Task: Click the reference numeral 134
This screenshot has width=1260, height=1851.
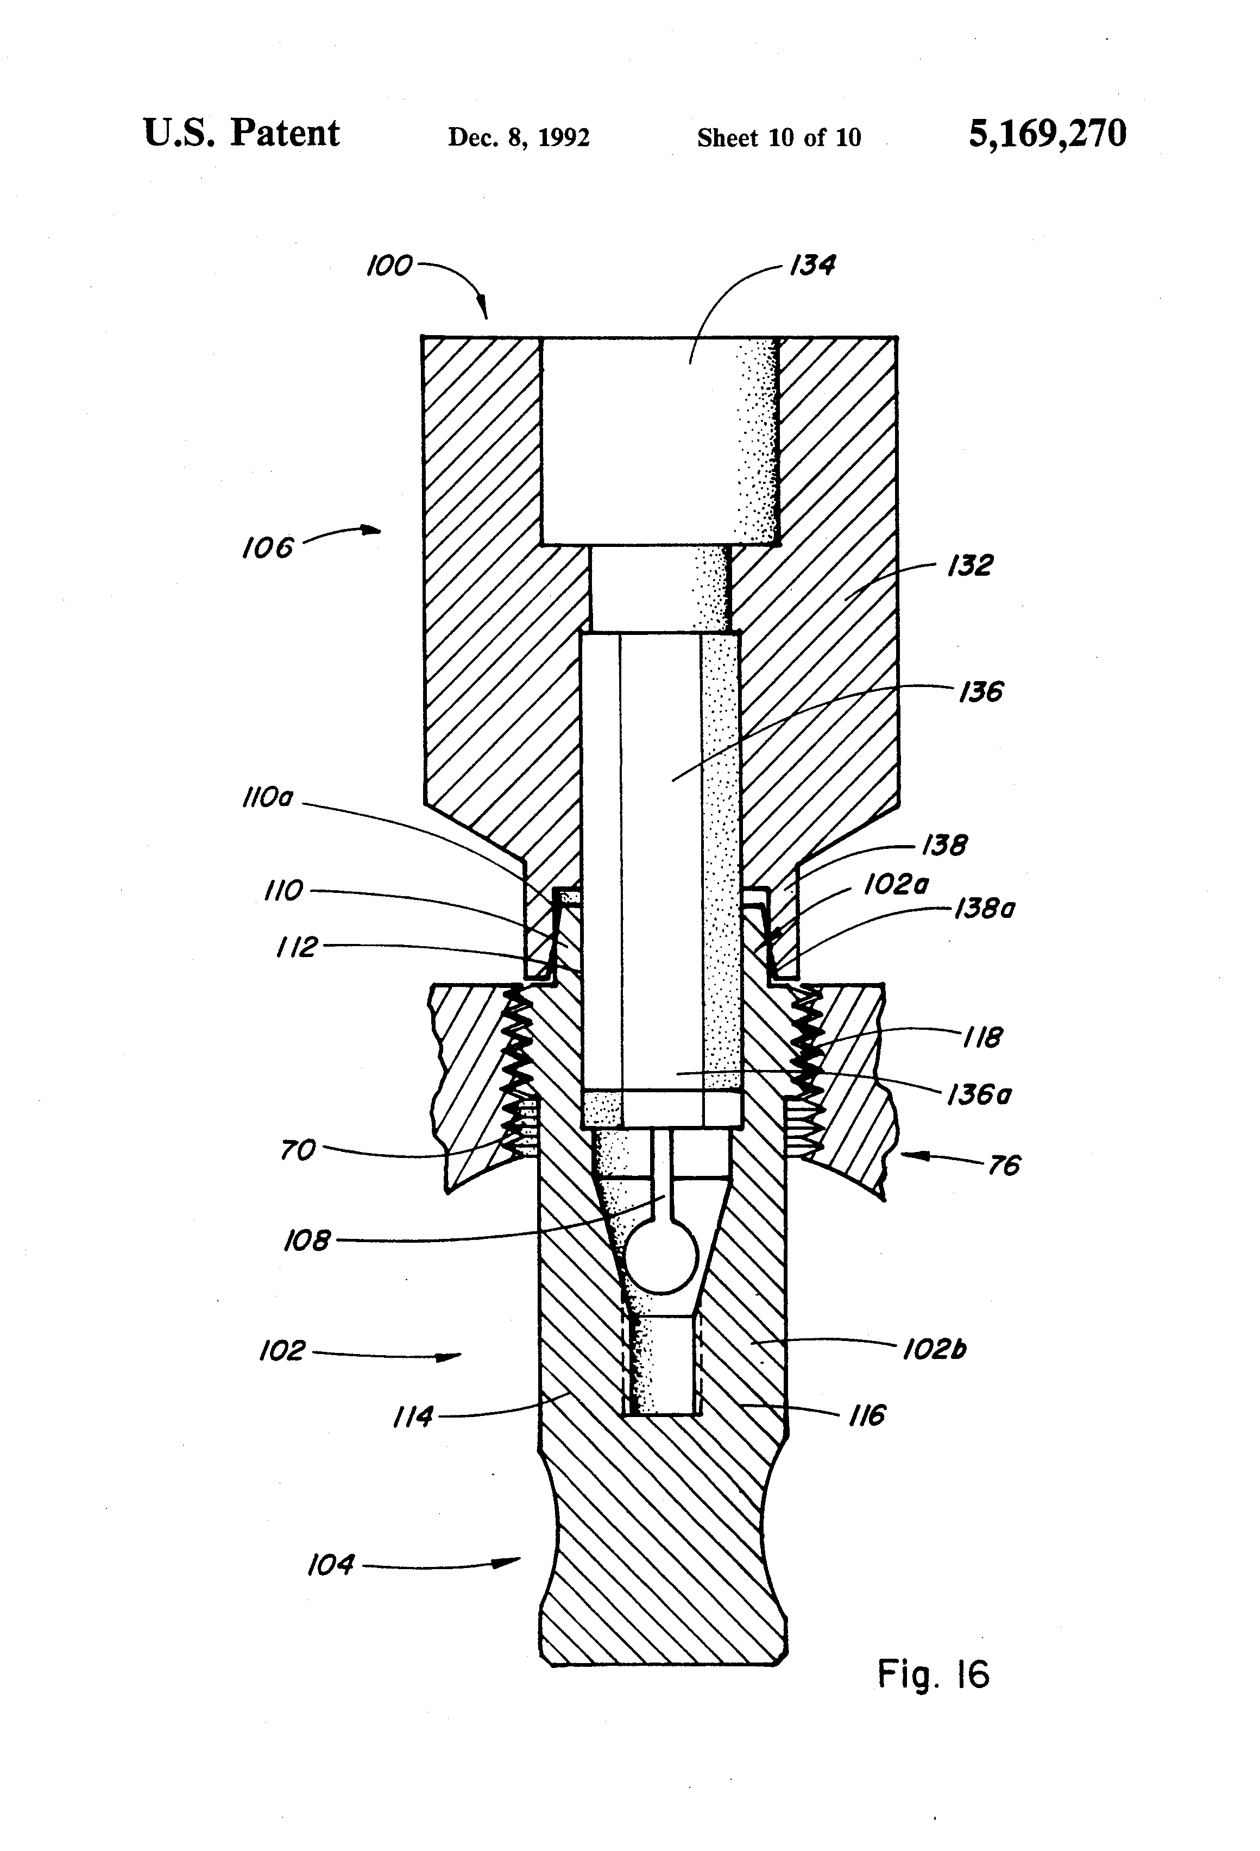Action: click(x=811, y=265)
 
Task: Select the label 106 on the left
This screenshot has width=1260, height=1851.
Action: click(x=268, y=547)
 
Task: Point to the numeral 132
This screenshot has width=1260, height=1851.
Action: click(x=969, y=565)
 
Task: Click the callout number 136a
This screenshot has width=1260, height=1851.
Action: click(x=978, y=1095)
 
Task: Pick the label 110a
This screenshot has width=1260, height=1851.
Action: click(x=268, y=797)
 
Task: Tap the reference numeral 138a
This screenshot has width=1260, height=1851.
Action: click(x=985, y=909)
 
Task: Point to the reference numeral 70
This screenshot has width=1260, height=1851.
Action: click(x=298, y=1150)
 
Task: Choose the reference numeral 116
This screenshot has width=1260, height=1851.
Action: click(x=867, y=1415)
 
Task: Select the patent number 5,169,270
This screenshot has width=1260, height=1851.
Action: click(x=1047, y=133)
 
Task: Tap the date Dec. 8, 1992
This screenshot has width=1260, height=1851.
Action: click(x=519, y=138)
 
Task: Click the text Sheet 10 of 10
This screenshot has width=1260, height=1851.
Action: click(x=779, y=138)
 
